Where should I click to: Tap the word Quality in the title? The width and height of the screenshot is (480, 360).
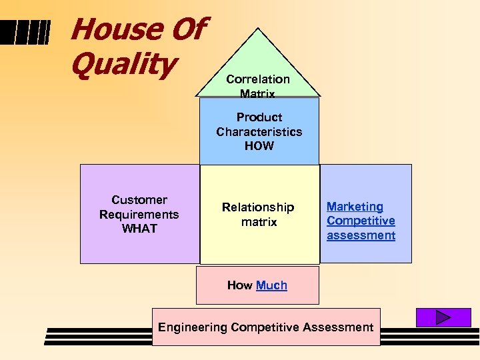pos(123,65)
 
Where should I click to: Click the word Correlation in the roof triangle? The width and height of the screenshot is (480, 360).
pos(258,79)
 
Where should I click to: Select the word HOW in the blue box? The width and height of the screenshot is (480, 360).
pos(259,145)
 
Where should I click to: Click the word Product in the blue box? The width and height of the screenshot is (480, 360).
pos(259,117)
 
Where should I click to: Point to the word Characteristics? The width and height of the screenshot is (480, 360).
pos(259,131)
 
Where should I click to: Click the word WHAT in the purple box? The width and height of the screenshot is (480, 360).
pos(139,229)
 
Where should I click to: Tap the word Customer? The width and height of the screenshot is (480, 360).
pos(139,200)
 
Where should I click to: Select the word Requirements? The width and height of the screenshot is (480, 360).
pos(139,214)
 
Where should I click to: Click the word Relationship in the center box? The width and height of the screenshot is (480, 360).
pos(258,207)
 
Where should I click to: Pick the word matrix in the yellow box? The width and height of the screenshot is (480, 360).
pos(259,221)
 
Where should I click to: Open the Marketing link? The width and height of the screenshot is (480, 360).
pos(355,207)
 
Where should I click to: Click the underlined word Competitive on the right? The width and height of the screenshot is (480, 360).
pos(361,221)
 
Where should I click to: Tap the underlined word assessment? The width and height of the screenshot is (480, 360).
pos(361,235)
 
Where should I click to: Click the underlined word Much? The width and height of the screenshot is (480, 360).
pos(271,285)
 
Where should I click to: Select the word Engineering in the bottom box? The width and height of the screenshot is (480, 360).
pos(193,327)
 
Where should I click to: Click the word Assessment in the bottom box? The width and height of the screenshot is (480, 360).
pos(338,327)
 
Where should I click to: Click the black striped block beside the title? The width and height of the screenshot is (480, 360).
pos(31,31)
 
